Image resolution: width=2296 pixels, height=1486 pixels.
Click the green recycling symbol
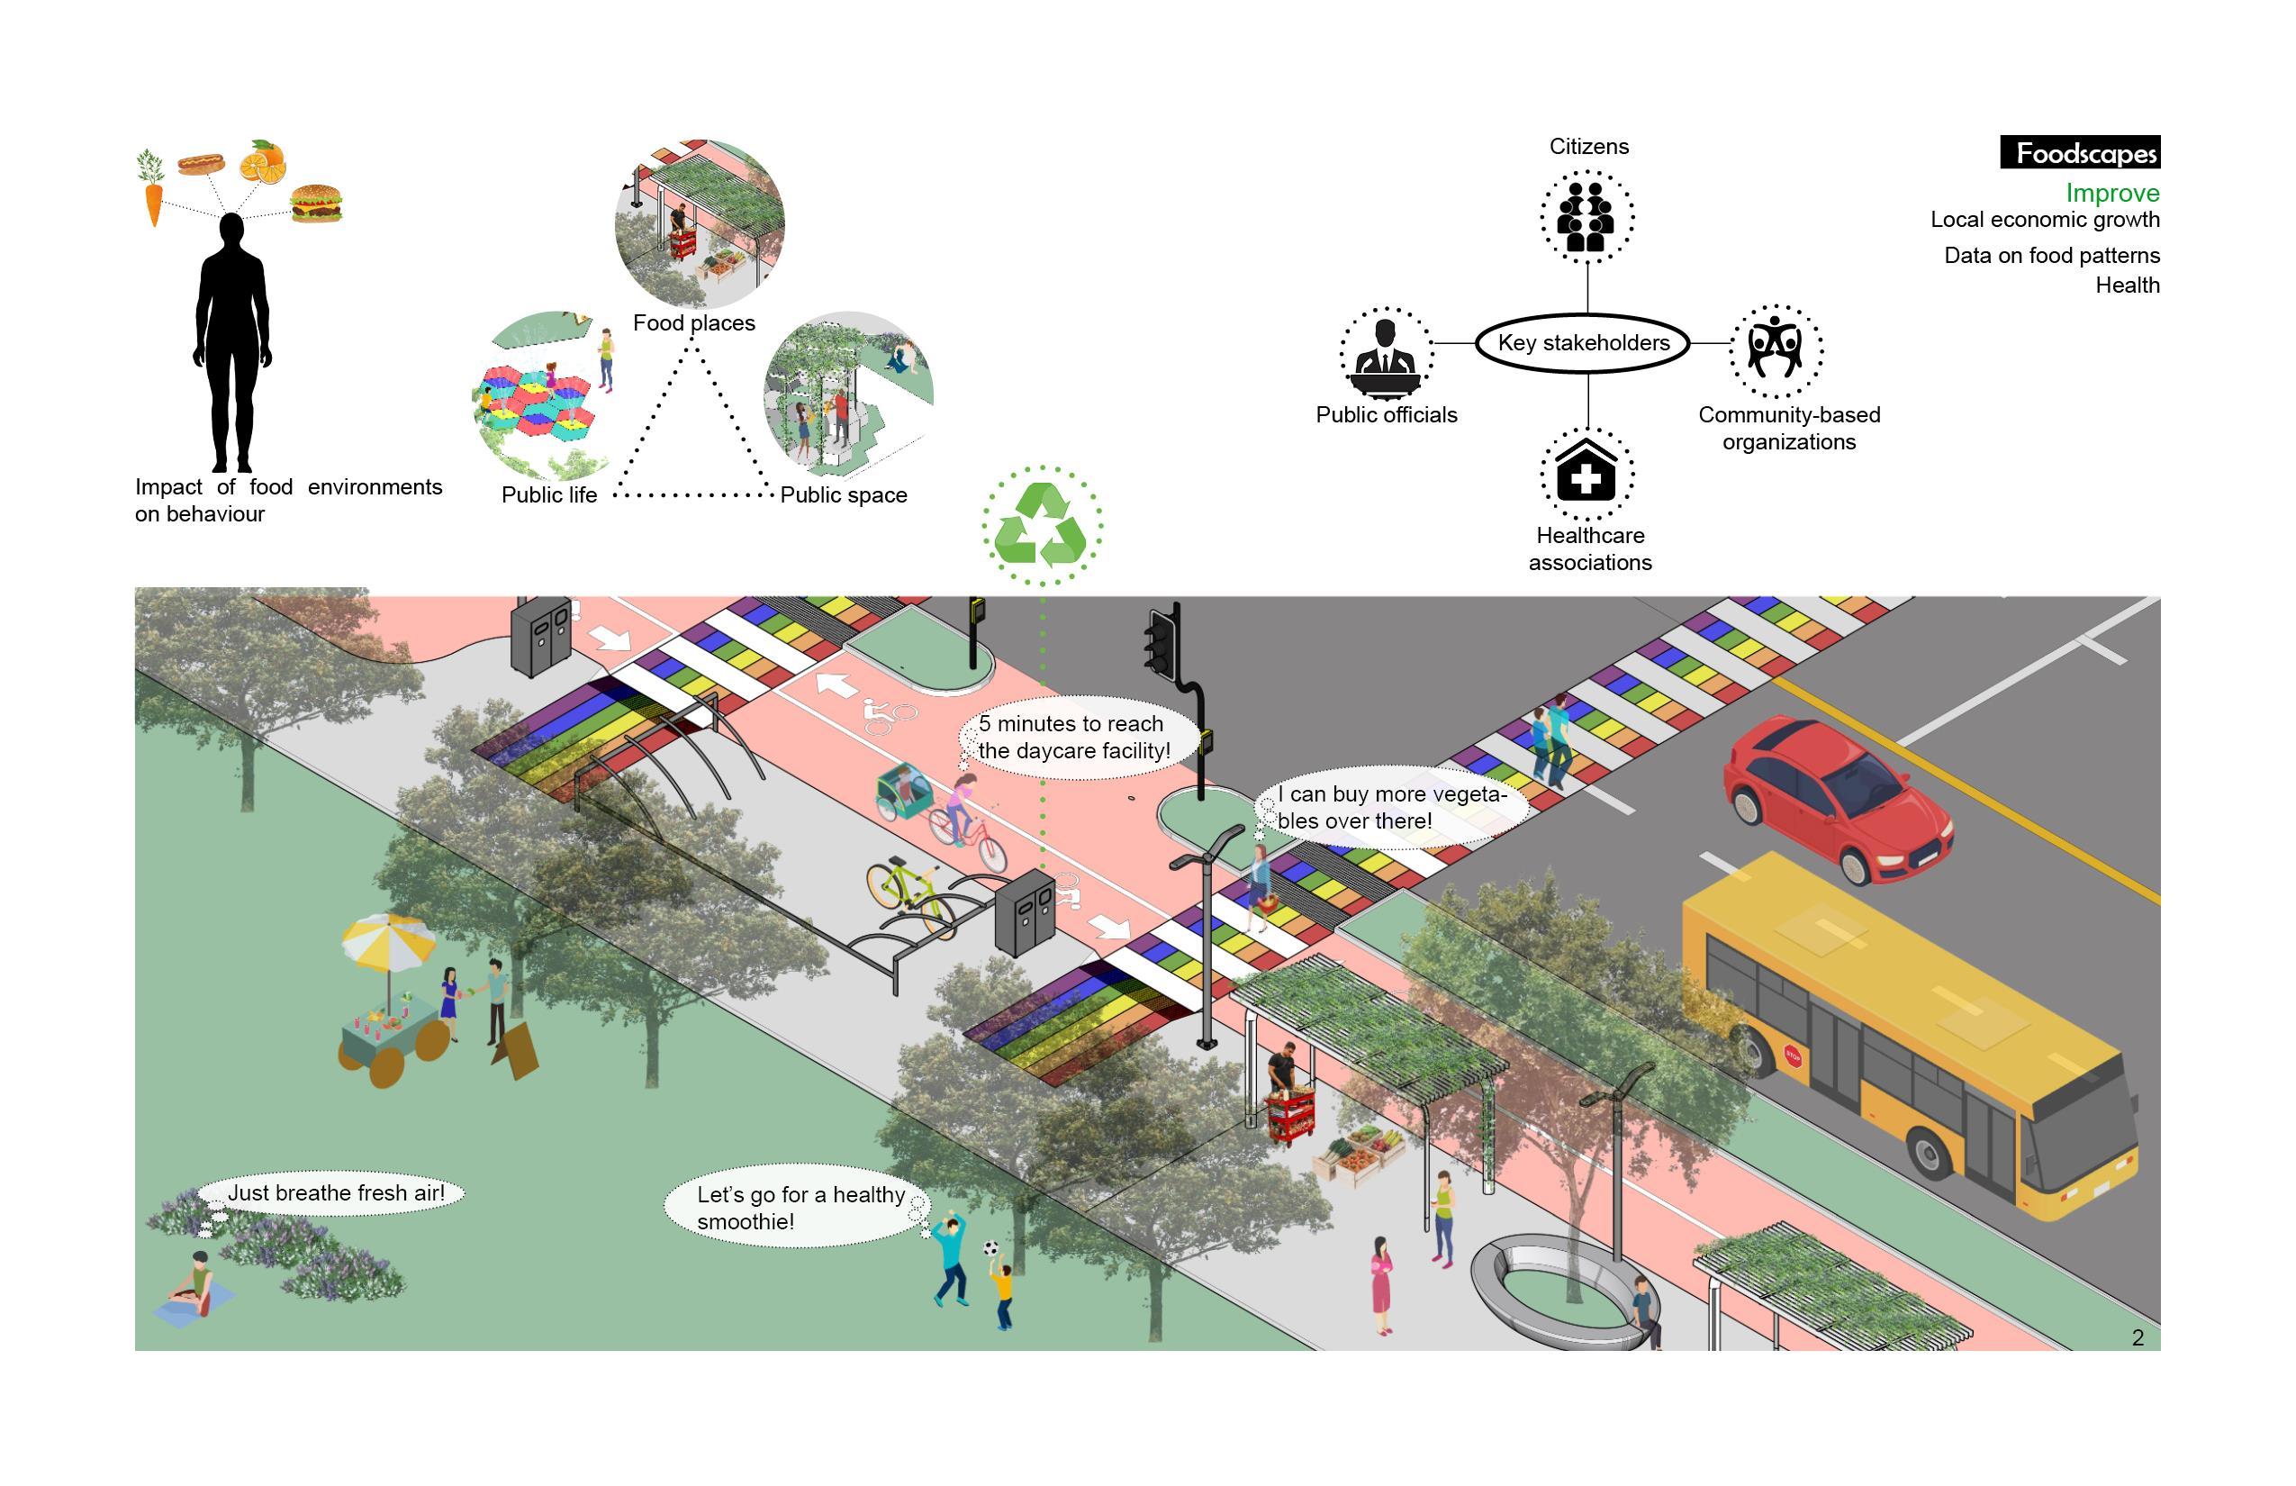click(1042, 525)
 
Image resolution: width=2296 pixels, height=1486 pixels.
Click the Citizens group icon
click(1586, 216)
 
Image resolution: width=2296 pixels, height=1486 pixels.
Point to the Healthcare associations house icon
click(1586, 473)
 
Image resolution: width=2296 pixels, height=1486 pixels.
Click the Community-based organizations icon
click(1775, 349)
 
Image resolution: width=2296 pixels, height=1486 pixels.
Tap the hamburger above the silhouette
click(316, 203)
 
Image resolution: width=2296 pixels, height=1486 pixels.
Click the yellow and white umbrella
click(388, 941)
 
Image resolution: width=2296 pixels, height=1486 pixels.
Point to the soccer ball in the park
click(990, 1247)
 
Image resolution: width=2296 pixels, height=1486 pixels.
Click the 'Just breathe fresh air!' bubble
click(334, 1193)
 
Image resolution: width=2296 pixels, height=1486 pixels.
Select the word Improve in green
click(2111, 193)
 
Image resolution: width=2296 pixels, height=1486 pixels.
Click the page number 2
click(2138, 1337)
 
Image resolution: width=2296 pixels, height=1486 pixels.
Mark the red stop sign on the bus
click(1793, 1055)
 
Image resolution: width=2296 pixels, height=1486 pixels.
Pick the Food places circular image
click(699, 224)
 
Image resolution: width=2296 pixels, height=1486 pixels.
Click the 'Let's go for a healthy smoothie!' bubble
click(797, 1207)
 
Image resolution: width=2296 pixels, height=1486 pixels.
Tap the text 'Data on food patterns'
click(2051, 256)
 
